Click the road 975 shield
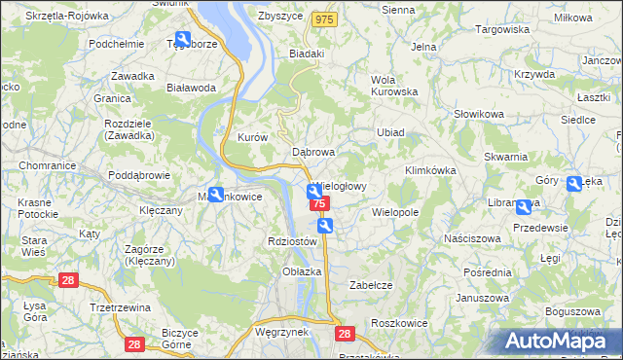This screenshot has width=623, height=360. click(x=324, y=19)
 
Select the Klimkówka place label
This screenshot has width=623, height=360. click(x=430, y=170)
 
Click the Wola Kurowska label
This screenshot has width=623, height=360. click(x=394, y=86)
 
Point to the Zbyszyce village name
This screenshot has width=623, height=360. click(x=279, y=16)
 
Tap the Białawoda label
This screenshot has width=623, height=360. click(x=191, y=88)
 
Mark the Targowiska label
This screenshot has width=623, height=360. click(x=501, y=30)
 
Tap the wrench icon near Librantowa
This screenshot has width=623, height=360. click(x=524, y=207)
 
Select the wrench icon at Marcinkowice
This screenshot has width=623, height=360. click(x=216, y=194)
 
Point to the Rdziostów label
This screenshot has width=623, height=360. click(x=292, y=241)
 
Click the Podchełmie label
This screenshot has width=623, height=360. click(x=117, y=44)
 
